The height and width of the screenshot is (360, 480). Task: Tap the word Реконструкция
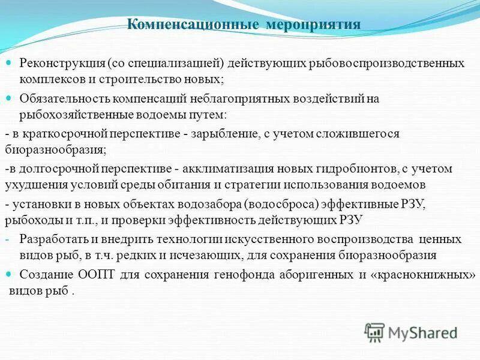click(x=62, y=63)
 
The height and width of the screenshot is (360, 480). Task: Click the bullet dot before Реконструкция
click(x=9, y=63)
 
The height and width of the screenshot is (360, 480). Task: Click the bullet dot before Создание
click(x=9, y=274)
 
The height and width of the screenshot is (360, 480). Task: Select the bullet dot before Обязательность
click(x=9, y=98)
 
